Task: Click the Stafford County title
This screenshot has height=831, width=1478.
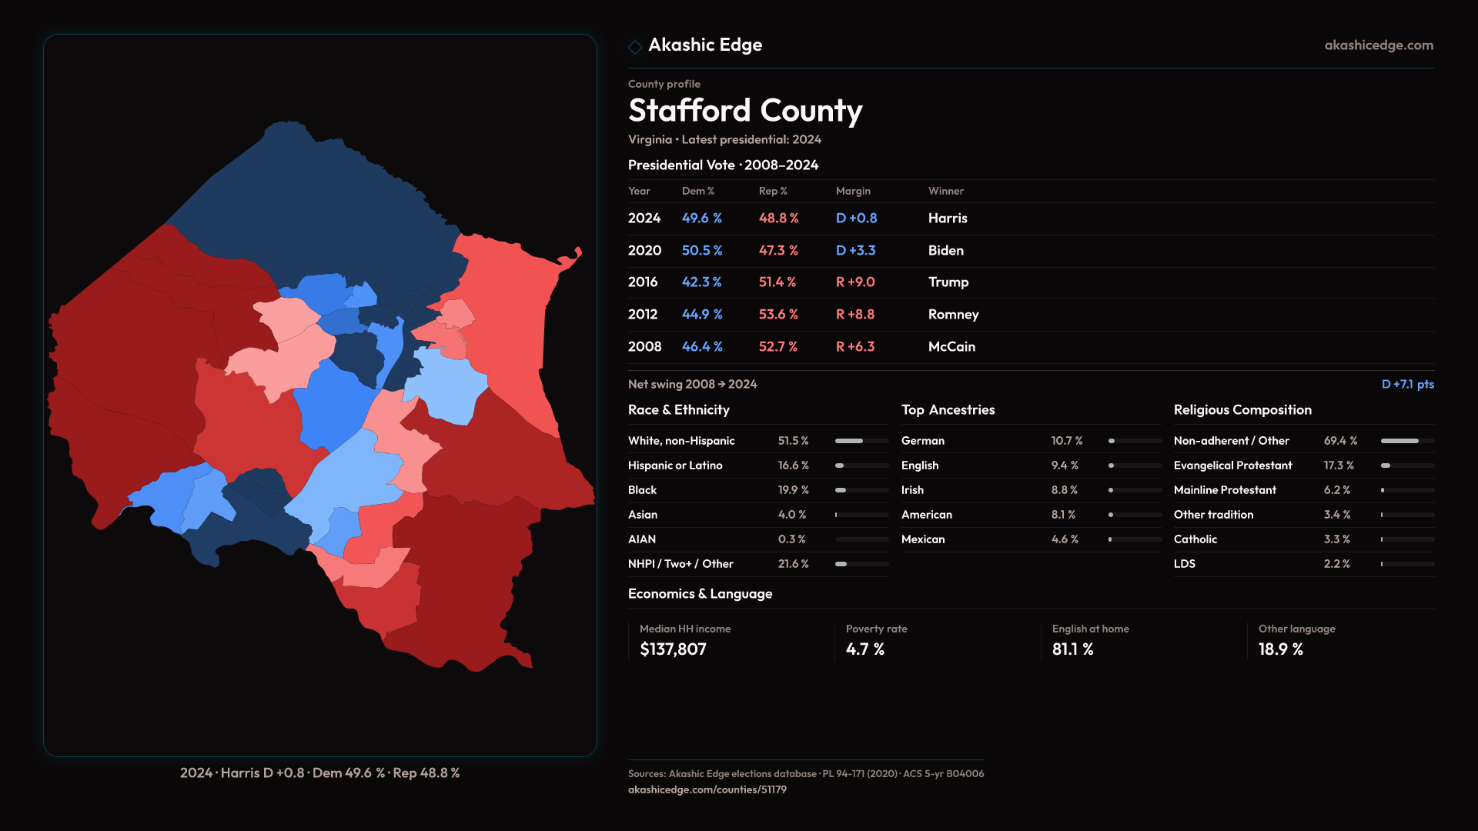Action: click(x=744, y=111)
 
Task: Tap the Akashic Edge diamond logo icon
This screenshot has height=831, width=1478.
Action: click(x=635, y=47)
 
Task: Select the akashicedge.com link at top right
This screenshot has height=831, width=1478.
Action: click(x=1379, y=45)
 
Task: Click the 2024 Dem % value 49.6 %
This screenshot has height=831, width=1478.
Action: click(x=701, y=219)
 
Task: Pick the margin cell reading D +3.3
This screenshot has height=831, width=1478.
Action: click(x=855, y=251)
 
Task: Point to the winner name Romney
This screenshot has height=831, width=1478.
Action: click(x=953, y=315)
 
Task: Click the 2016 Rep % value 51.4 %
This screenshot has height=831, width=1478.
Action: click(x=777, y=282)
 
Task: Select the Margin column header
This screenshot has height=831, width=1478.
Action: click(x=853, y=192)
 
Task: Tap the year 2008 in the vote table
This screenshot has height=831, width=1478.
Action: click(x=644, y=347)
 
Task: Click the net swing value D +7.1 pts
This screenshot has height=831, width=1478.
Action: click(x=1407, y=385)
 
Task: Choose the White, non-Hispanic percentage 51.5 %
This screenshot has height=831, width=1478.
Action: click(x=793, y=441)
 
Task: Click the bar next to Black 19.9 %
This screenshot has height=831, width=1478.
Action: click(x=861, y=490)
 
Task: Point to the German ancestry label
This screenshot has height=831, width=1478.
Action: click(x=922, y=441)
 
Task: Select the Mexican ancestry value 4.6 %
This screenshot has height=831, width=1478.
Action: click(x=1065, y=539)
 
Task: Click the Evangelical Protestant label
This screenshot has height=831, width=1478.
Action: click(x=1232, y=466)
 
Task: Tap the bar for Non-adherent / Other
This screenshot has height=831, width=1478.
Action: click(x=1407, y=441)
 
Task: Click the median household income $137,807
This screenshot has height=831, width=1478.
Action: click(x=673, y=649)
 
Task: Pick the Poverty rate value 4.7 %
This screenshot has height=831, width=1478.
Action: click(x=864, y=649)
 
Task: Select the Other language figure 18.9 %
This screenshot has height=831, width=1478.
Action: click(x=1280, y=649)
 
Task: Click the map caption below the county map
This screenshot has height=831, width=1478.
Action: click(x=319, y=773)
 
